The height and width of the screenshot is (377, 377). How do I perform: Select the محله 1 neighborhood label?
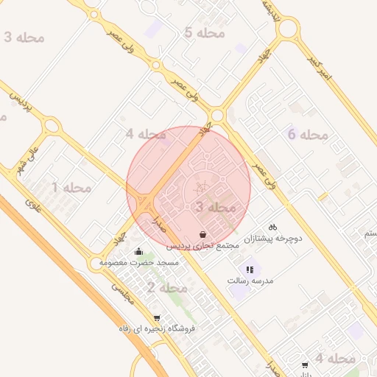[x=71, y=188]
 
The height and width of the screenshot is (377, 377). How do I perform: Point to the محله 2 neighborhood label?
[x=166, y=287]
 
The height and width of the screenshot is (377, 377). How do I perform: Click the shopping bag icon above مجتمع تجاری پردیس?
[x=202, y=234]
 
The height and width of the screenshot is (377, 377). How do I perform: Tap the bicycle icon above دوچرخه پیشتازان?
[x=273, y=227]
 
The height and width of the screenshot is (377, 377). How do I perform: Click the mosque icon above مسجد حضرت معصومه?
[x=138, y=252]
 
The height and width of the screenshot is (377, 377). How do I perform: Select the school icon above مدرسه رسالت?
[x=250, y=269]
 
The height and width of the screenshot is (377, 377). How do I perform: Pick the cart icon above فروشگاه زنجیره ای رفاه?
[x=157, y=317]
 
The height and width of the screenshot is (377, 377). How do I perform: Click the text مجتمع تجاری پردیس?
[x=203, y=245]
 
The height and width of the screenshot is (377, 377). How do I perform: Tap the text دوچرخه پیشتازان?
[x=274, y=239]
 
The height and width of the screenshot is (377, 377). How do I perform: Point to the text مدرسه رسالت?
[x=250, y=281]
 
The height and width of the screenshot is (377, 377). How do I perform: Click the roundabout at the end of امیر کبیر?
[x=289, y=29]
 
